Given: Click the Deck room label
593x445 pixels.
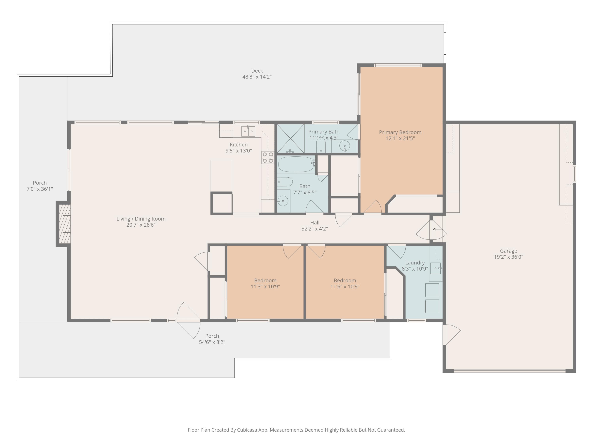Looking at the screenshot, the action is (x=257, y=71).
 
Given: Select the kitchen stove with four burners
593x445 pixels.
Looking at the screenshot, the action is (x=268, y=157).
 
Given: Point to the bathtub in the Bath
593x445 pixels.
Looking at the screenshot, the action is (x=296, y=164).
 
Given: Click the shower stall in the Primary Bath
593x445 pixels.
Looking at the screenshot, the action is (x=290, y=138).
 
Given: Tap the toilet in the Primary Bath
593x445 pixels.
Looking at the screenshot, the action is (x=321, y=145).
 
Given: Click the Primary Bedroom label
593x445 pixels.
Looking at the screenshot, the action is (x=400, y=132).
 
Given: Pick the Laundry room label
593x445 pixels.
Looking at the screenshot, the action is (x=415, y=263).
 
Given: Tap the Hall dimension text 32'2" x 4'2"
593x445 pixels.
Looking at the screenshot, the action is (x=314, y=229).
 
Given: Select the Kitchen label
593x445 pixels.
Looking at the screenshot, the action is (x=239, y=145).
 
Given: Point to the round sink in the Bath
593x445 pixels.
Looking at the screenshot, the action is (x=282, y=201).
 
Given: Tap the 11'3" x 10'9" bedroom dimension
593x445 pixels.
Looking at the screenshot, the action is (x=265, y=286).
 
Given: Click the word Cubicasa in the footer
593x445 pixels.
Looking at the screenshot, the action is (x=247, y=430).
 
